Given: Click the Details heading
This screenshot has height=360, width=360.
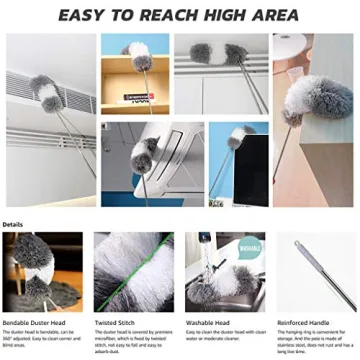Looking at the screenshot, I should tap(14, 224).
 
